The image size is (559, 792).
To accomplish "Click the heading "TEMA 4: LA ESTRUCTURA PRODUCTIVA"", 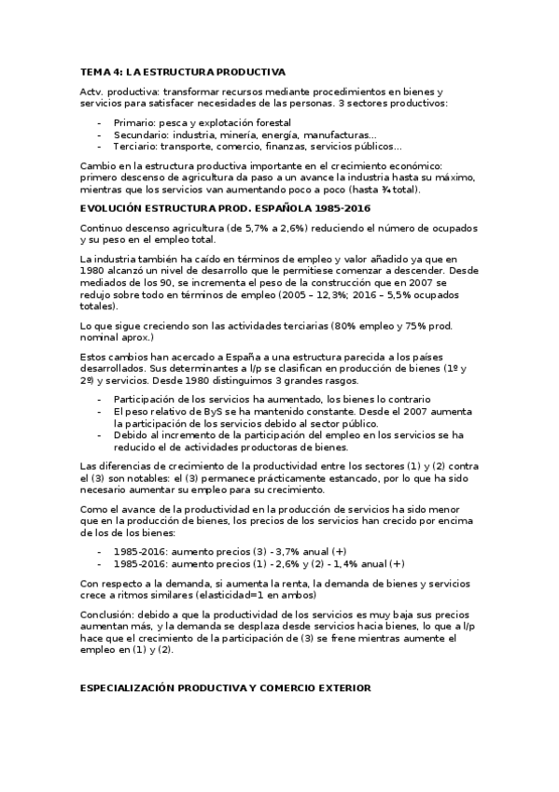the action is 183,71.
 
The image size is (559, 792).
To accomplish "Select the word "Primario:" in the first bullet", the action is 133,122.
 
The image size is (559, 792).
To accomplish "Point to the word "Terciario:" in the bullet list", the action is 135,146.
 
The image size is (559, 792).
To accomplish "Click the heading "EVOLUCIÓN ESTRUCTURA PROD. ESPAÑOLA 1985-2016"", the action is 226,207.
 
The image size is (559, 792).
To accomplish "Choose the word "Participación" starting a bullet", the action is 145,399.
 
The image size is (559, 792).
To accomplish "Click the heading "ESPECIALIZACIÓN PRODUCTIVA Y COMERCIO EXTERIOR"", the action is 226,688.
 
